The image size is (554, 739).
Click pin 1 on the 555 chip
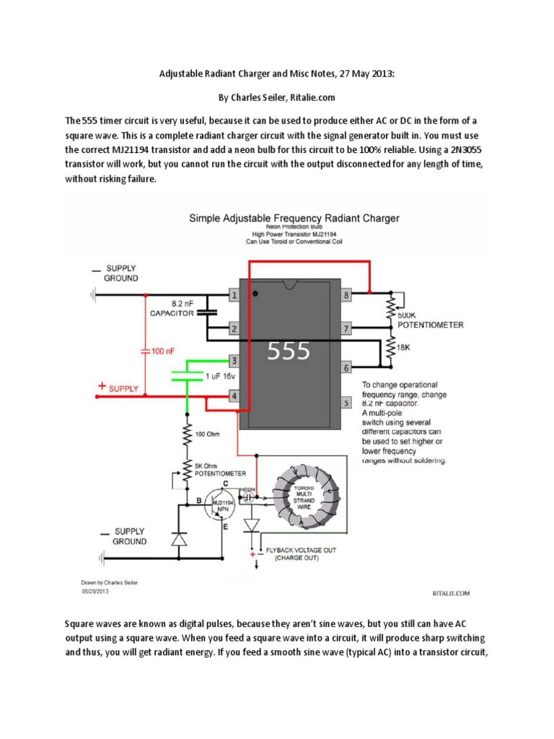tap(234, 294)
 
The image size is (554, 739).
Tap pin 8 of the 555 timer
tap(346, 294)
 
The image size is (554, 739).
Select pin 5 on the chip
tap(346, 403)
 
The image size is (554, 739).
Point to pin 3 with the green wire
tap(234, 360)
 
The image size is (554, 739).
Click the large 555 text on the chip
tap(289, 351)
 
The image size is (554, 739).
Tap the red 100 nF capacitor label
tap(160, 351)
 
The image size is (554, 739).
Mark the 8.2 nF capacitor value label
tap(182, 305)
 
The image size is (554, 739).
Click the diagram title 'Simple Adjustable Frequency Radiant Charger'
tap(294, 217)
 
